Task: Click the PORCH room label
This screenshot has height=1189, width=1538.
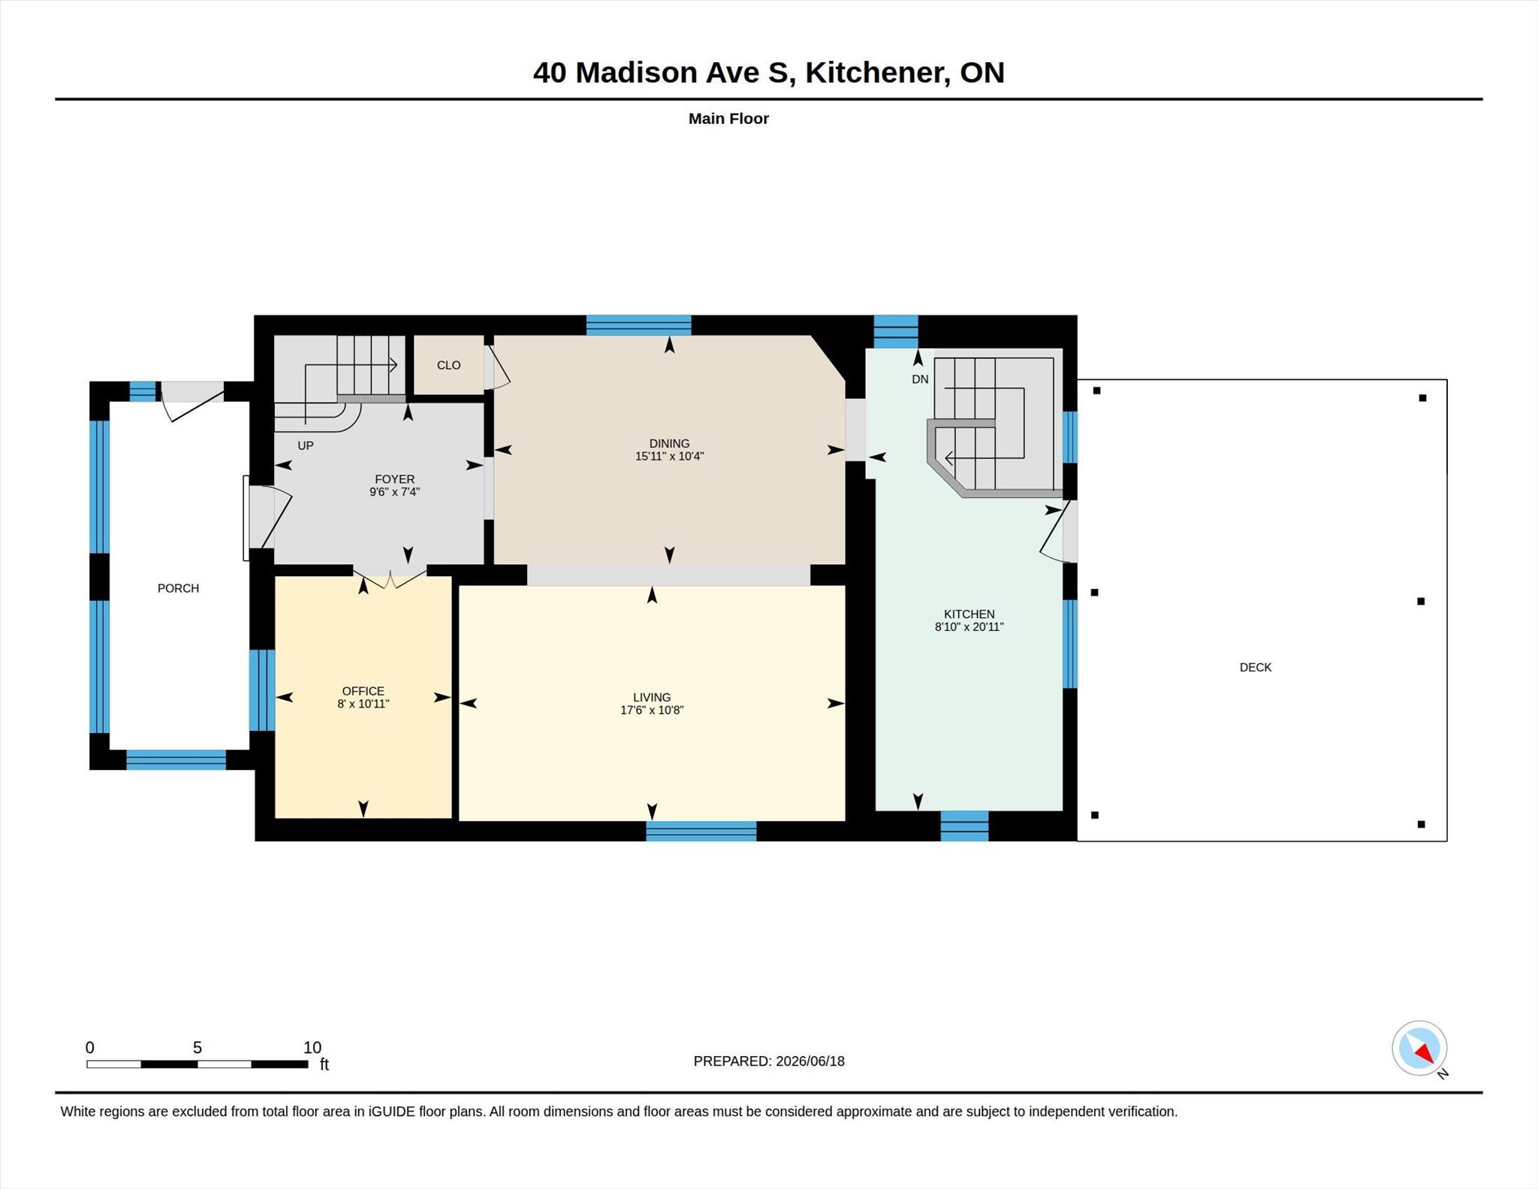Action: pyautogui.click(x=178, y=588)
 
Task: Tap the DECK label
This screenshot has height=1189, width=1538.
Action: pyautogui.click(x=1255, y=667)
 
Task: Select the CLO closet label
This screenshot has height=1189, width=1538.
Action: pyautogui.click(x=448, y=365)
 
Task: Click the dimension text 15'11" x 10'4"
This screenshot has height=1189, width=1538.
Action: pyautogui.click(x=669, y=456)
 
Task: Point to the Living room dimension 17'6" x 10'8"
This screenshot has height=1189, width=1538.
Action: pyautogui.click(x=651, y=710)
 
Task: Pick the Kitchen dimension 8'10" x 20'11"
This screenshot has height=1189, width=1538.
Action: pyautogui.click(x=969, y=626)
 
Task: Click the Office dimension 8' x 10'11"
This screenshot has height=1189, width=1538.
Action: pyautogui.click(x=363, y=704)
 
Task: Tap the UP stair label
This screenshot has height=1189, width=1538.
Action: pyautogui.click(x=305, y=445)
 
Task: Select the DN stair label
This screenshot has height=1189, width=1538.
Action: pyautogui.click(x=920, y=379)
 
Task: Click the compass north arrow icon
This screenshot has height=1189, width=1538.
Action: pyautogui.click(x=1419, y=1048)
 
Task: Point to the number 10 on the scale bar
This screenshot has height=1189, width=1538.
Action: pyautogui.click(x=312, y=1047)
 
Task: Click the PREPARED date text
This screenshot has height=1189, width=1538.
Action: pyautogui.click(x=769, y=1061)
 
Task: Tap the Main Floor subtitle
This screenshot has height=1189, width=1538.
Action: pyautogui.click(x=728, y=119)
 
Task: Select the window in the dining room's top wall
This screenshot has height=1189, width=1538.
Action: pyautogui.click(x=638, y=325)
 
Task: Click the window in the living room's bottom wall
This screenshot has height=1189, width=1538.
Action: pyautogui.click(x=701, y=831)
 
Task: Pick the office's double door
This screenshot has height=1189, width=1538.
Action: pyautogui.click(x=391, y=577)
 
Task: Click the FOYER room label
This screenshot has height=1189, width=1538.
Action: pyautogui.click(x=394, y=479)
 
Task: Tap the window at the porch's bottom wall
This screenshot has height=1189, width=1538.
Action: pyautogui.click(x=176, y=760)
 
